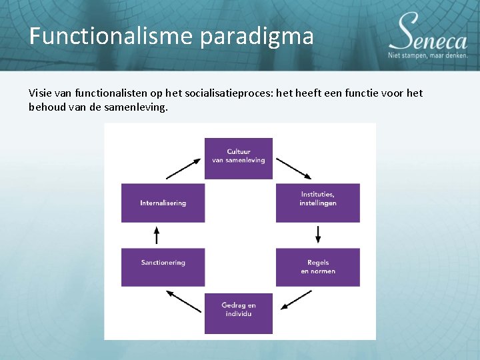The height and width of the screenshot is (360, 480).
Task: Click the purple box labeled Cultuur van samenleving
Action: (238, 158)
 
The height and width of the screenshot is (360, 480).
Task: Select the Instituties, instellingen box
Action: (317, 203)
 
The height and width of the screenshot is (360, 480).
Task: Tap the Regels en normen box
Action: (317, 267)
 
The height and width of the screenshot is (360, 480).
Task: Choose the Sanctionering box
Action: (163, 267)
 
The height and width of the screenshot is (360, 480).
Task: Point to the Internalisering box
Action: (163, 203)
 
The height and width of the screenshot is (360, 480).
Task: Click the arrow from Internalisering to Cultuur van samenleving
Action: (183, 168)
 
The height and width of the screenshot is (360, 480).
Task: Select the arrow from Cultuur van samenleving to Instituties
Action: (293, 168)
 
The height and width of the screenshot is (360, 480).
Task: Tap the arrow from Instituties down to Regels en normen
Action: (318, 235)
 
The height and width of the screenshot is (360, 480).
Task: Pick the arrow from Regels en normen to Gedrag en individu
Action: (296, 301)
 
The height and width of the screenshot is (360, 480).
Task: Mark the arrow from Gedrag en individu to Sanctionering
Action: (183, 301)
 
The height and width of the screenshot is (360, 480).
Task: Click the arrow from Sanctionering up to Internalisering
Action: (157, 235)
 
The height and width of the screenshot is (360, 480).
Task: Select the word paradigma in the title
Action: (256, 36)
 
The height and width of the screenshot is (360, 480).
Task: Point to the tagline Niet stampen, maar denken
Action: (428, 55)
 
